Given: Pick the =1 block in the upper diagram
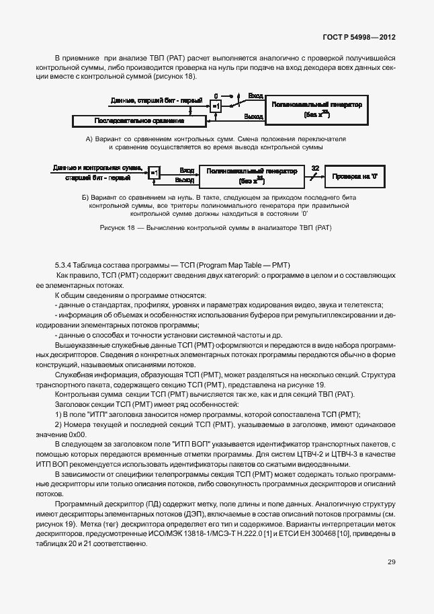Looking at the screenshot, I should (216, 106).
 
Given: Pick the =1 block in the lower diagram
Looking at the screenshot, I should (154, 173).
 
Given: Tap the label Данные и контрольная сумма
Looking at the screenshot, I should (97, 167).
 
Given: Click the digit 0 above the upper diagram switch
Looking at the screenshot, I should (216, 96).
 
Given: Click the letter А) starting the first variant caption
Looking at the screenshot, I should (89, 138).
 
